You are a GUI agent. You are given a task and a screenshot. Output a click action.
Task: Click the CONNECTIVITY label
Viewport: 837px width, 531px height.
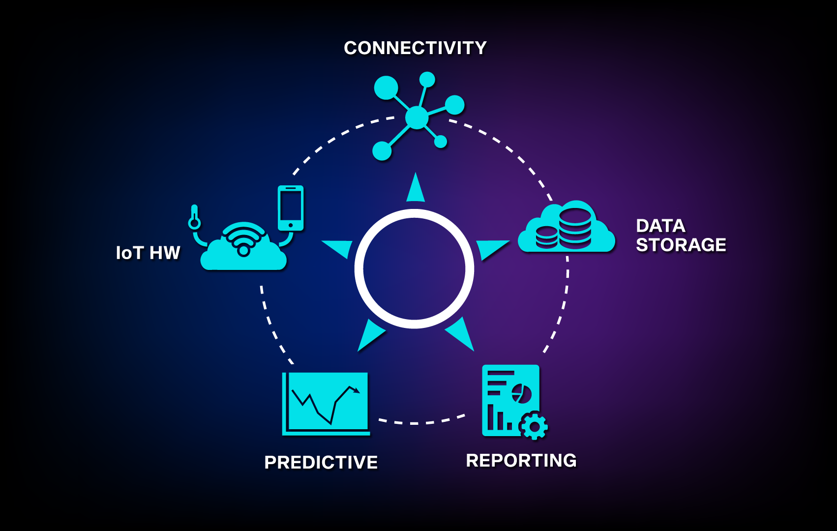(415, 48)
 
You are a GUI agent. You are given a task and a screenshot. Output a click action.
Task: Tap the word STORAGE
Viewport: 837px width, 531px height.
(681, 245)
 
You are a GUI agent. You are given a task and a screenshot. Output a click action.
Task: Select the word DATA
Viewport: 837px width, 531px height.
(660, 226)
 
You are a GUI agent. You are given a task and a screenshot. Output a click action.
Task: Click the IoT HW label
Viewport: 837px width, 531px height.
(148, 253)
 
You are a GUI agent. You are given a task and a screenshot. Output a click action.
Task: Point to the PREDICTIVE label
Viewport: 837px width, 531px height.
(321, 462)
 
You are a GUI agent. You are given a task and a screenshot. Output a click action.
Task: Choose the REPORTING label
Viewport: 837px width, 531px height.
(521, 460)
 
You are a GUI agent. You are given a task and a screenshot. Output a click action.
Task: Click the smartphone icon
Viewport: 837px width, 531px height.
(291, 207)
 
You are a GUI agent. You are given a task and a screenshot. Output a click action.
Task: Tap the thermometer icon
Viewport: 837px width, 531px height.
(194, 217)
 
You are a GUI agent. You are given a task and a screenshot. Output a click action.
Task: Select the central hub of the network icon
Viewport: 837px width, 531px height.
(417, 118)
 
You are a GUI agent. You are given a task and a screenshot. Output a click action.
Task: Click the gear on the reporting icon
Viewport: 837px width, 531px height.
(534, 425)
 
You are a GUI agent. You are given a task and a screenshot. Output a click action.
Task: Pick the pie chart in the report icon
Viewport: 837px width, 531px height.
(522, 393)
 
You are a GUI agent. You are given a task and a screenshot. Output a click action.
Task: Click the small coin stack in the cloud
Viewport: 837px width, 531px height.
(546, 237)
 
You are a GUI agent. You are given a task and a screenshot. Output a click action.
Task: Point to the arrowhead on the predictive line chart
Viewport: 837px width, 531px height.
(356, 390)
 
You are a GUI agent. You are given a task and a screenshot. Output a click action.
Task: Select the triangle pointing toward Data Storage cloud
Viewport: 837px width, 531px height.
(490, 248)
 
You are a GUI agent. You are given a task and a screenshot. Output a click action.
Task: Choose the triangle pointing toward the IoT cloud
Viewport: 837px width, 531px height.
(340, 248)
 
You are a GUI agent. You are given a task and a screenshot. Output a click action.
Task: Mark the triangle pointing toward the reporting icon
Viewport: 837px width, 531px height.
(461, 334)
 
